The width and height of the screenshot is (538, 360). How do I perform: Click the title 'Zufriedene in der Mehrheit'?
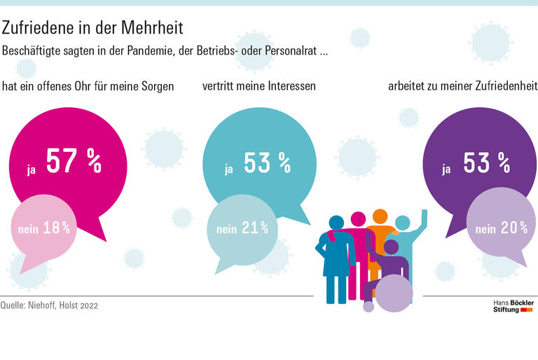point(92,28)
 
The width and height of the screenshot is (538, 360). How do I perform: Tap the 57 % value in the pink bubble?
point(74,161)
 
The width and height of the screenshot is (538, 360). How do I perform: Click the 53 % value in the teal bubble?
point(267,162)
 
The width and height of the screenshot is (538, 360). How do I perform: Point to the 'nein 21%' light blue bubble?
point(242,228)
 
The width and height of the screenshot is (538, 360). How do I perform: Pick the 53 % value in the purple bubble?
point(485,162)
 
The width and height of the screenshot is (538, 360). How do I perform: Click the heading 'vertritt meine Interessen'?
point(258,87)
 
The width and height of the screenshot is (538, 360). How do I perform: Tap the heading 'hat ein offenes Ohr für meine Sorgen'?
point(88,87)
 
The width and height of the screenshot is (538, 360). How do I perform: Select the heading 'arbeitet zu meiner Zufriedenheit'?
point(462,87)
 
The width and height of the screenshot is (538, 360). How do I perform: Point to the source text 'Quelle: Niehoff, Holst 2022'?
point(51,305)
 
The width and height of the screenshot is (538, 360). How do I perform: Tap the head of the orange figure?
point(380,216)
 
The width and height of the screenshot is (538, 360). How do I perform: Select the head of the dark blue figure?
point(338,223)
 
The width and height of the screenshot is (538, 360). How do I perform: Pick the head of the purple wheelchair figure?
point(391,247)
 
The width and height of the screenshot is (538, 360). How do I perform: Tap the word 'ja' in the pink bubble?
point(32,169)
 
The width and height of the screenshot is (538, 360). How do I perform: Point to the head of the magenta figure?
point(358,219)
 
